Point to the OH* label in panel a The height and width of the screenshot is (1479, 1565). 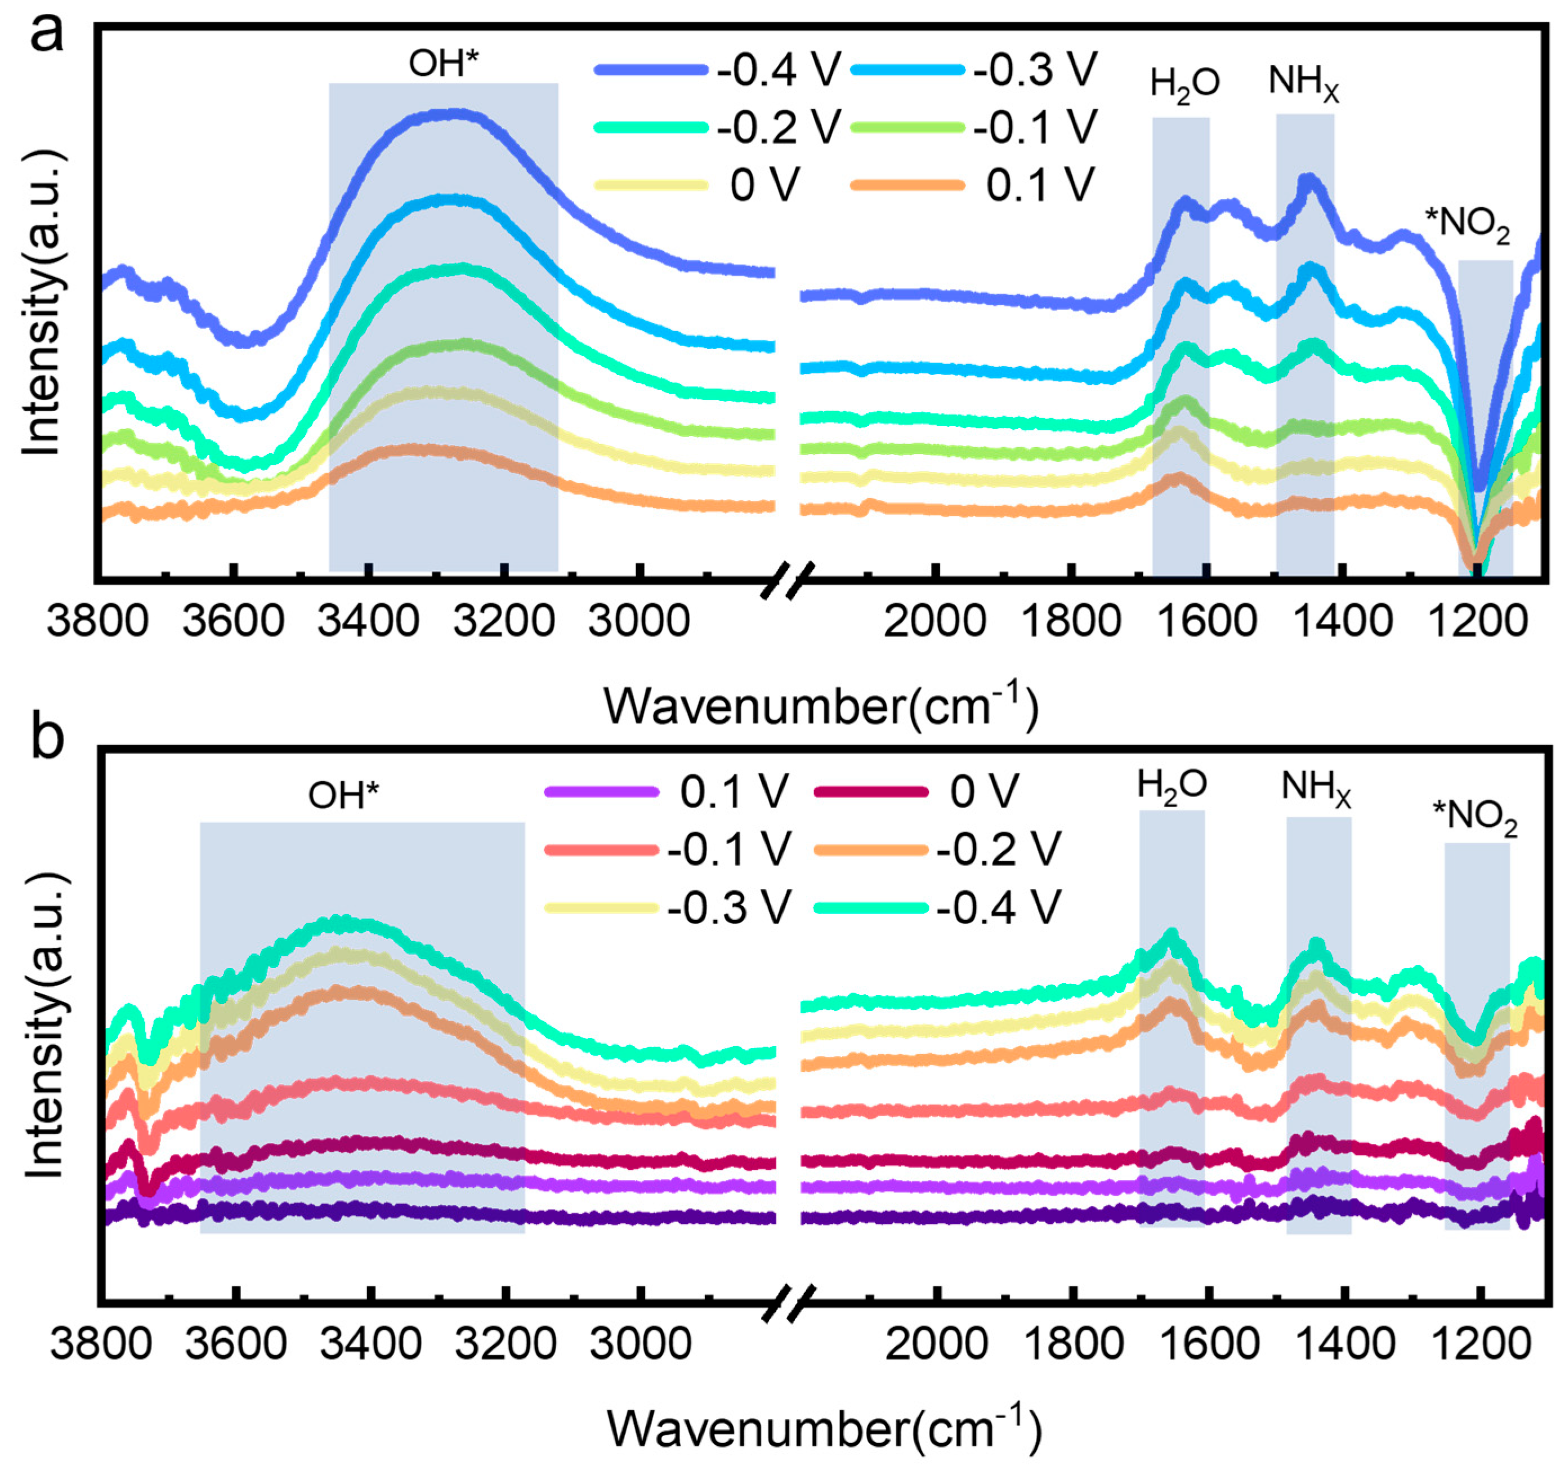tap(443, 63)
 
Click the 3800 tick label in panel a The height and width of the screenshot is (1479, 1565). tap(98, 621)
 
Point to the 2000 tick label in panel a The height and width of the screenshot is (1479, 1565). tap(934, 621)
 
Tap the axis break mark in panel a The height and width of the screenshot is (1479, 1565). tap(786, 580)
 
